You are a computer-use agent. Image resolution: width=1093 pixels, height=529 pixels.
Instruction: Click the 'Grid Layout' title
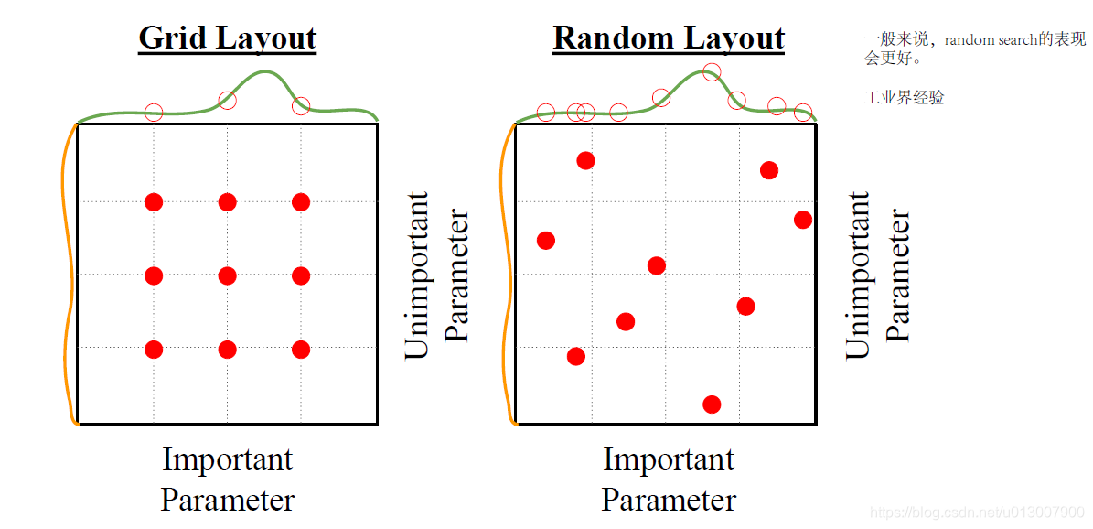pyautogui.click(x=227, y=38)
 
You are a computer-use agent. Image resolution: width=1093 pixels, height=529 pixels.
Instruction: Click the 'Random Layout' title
pyautogui.click(x=669, y=38)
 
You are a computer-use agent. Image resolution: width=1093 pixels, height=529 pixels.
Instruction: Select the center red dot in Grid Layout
pyautogui.click(x=228, y=275)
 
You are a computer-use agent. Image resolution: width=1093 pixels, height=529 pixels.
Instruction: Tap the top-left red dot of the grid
pyautogui.click(x=154, y=201)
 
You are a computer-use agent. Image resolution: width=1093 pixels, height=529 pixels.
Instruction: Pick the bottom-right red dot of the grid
pyautogui.click(x=301, y=350)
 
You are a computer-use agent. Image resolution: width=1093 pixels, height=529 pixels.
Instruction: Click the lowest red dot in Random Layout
pyautogui.click(x=712, y=405)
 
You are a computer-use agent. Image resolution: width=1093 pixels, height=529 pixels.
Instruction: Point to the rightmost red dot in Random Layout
pyautogui.click(x=803, y=220)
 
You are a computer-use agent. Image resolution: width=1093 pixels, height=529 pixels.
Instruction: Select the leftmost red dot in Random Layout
pyautogui.click(x=546, y=241)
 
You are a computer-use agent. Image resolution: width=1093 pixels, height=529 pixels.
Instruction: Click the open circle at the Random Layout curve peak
pyautogui.click(x=712, y=71)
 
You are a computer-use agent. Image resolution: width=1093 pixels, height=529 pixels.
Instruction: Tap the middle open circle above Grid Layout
pyautogui.click(x=227, y=100)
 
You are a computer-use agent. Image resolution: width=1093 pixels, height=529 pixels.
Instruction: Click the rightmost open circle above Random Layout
pyautogui.click(x=803, y=113)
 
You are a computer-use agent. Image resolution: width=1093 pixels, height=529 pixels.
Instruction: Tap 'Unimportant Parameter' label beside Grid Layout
pyautogui.click(x=436, y=275)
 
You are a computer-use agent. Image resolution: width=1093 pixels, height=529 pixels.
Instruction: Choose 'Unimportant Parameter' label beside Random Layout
pyautogui.click(x=877, y=275)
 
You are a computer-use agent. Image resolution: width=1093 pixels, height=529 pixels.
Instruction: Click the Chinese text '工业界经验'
pyautogui.click(x=904, y=97)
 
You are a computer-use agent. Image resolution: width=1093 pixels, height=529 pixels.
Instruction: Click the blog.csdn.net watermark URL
pyautogui.click(x=976, y=513)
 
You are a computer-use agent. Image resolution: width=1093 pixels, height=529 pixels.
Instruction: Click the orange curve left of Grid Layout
pyautogui.click(x=67, y=275)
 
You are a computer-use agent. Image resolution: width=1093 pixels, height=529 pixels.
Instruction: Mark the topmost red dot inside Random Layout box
pyautogui.click(x=585, y=161)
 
